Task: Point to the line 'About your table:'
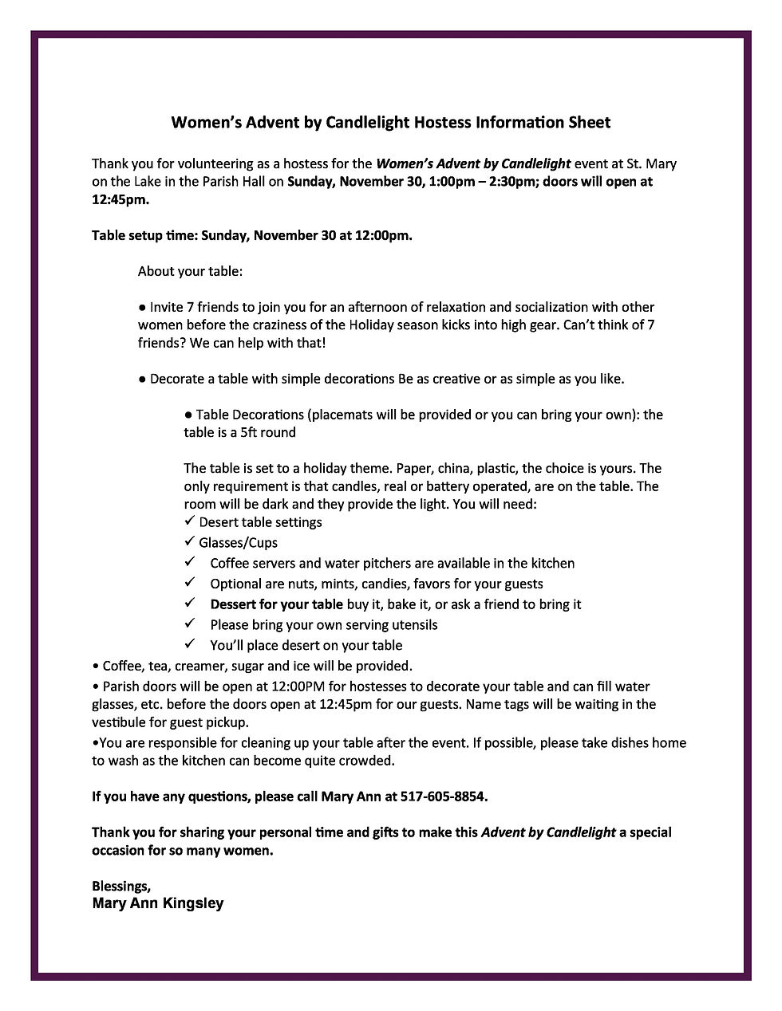point(190,271)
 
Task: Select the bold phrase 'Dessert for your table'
point(276,604)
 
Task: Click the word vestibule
point(120,723)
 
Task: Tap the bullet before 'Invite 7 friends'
point(142,307)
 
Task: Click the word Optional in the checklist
point(236,584)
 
